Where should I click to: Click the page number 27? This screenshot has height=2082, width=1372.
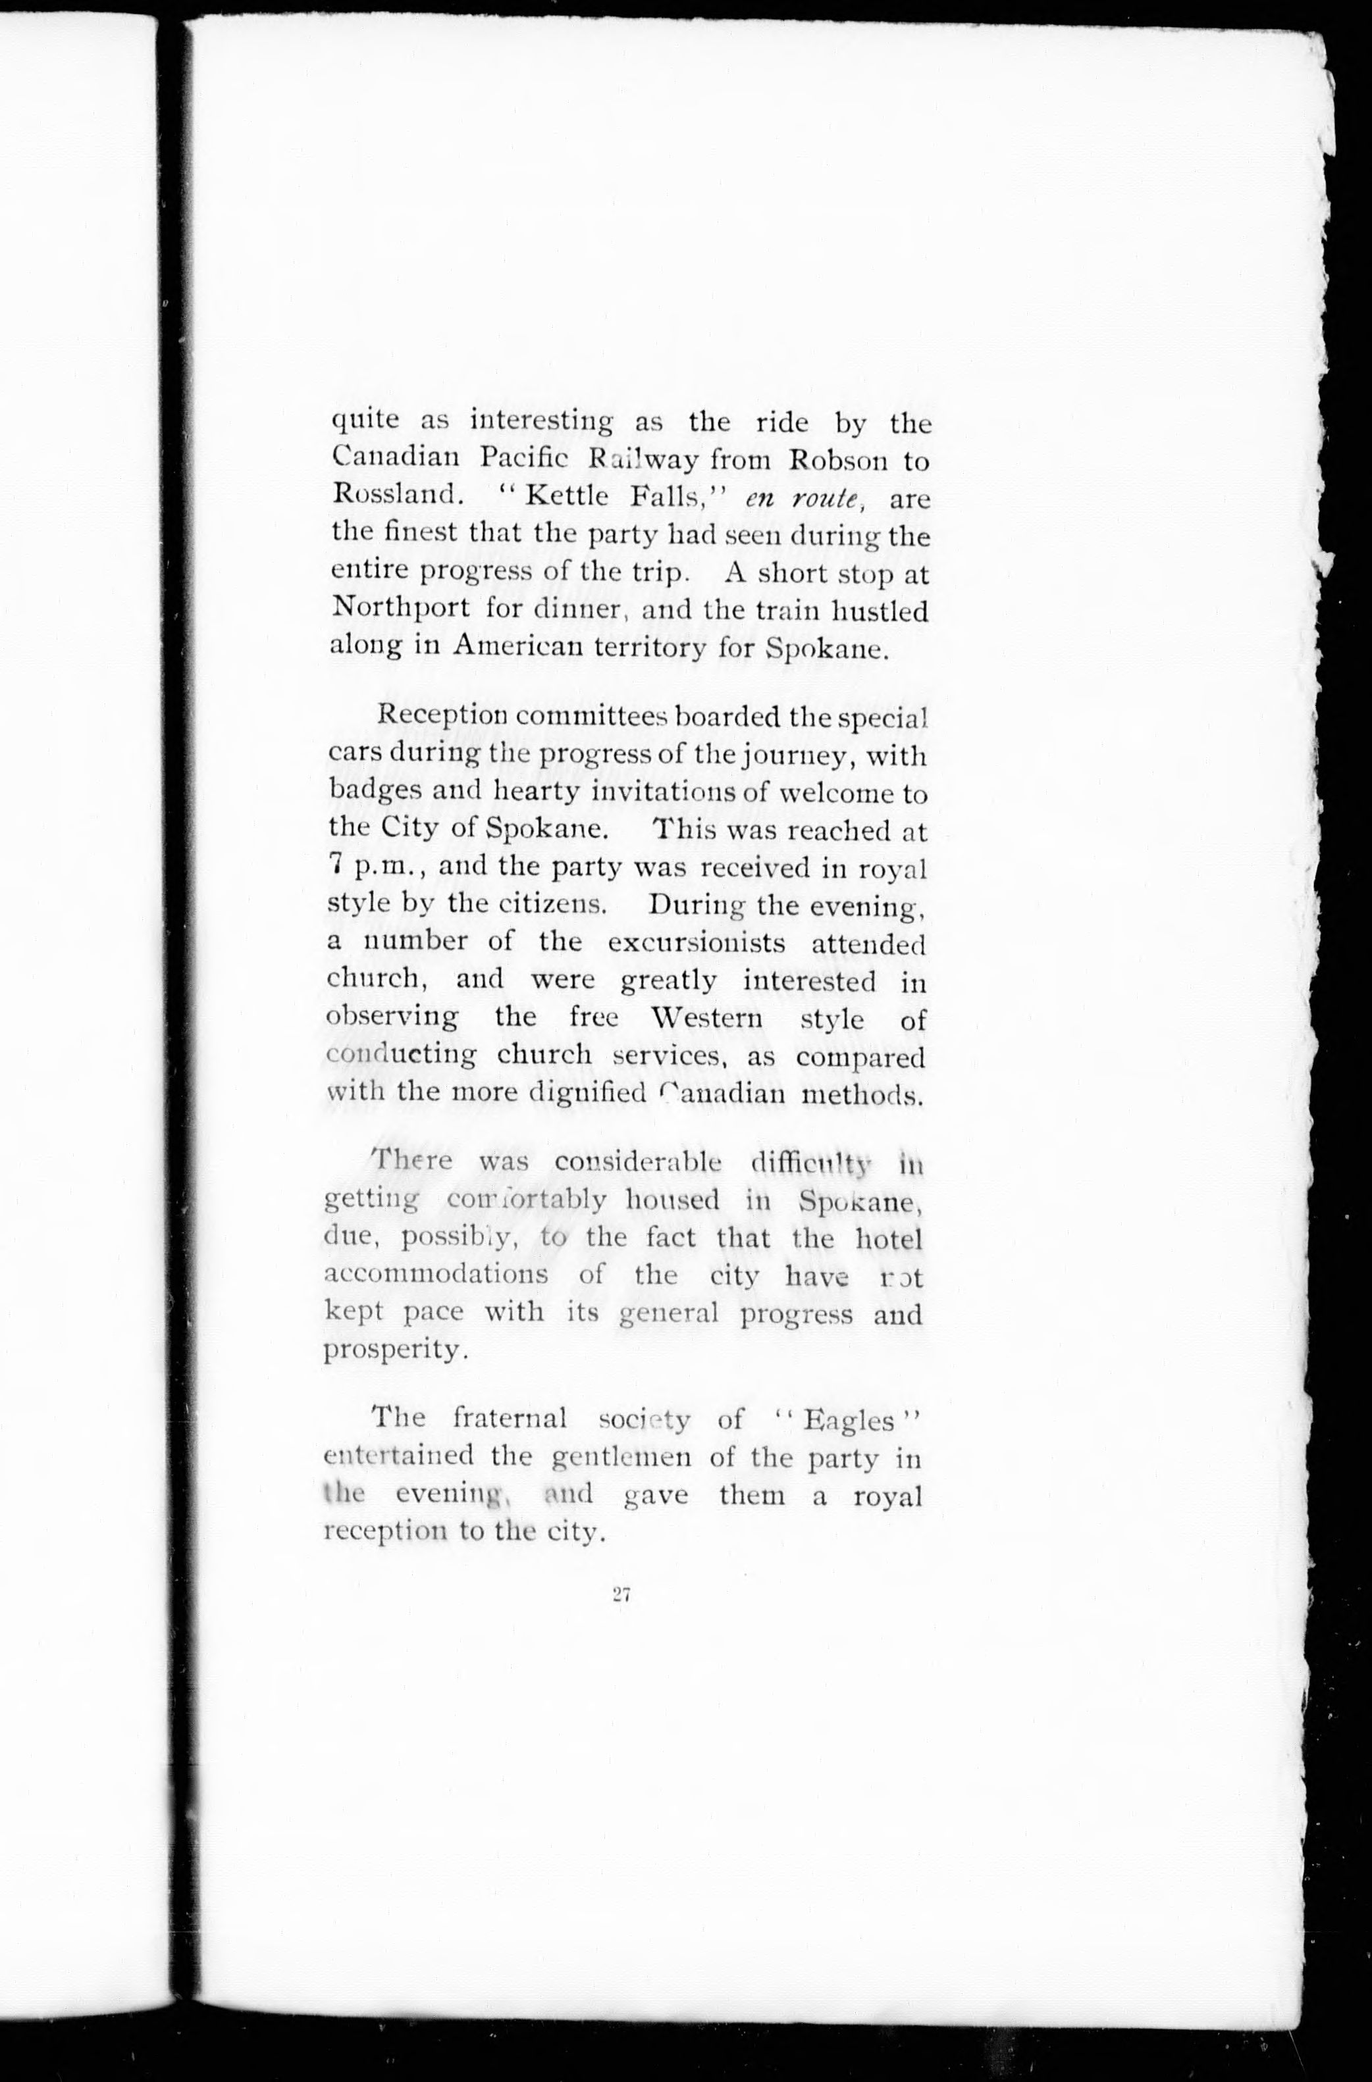(x=622, y=1594)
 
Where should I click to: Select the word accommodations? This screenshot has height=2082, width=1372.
(x=436, y=1275)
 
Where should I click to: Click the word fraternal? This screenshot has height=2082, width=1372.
(x=510, y=1418)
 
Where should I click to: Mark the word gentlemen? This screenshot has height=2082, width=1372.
(x=622, y=1458)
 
